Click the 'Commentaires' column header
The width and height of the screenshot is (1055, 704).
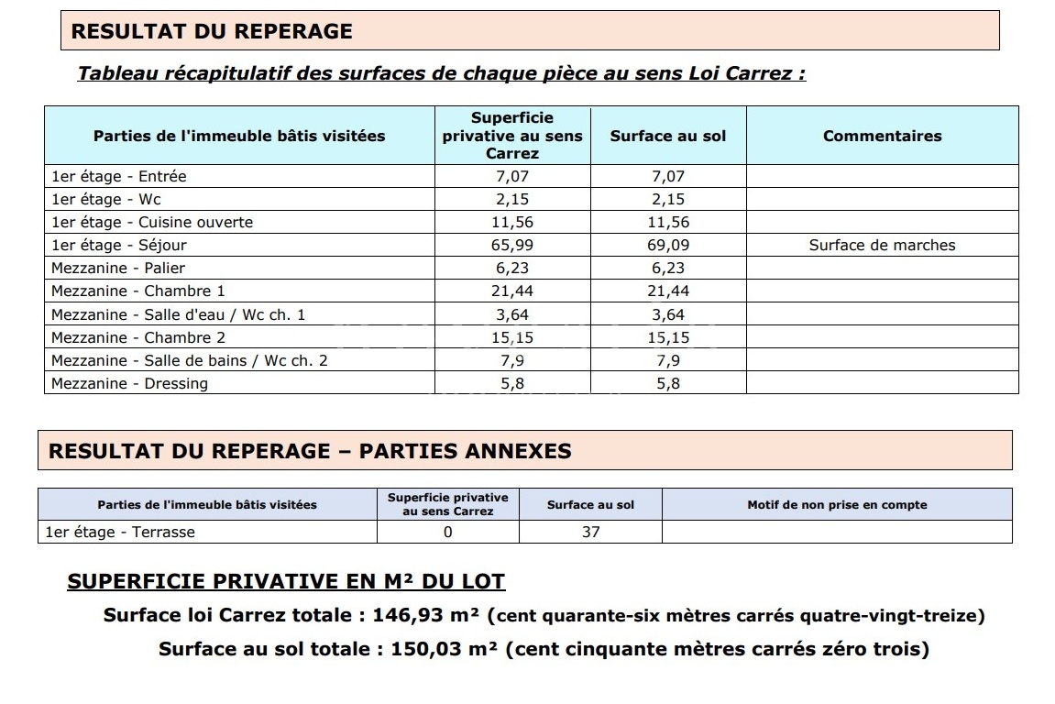[882, 136]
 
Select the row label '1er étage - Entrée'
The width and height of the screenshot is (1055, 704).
[119, 176]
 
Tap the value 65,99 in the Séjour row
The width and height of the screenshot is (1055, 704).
[512, 245]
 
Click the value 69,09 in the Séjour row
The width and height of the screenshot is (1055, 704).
[668, 245]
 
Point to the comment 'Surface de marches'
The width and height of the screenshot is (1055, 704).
[882, 245]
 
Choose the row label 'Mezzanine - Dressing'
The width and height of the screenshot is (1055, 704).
[129, 383]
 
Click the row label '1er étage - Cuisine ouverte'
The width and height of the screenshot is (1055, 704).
[152, 222]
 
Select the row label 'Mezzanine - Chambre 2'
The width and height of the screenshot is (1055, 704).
[138, 337]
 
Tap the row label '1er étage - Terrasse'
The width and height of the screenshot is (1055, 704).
[120, 532]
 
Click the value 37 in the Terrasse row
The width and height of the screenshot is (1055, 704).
[590, 532]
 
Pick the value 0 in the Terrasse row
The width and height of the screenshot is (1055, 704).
[447, 532]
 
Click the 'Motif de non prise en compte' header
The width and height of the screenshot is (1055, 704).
[837, 504]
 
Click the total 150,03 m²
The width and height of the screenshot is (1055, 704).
[444, 649]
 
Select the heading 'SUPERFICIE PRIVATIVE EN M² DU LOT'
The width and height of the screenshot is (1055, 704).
[286, 581]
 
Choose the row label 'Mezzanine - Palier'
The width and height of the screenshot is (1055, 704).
[118, 268]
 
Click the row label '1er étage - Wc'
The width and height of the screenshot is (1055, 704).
[106, 199]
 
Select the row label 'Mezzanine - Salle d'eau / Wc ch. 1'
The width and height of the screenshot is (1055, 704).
[179, 314]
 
